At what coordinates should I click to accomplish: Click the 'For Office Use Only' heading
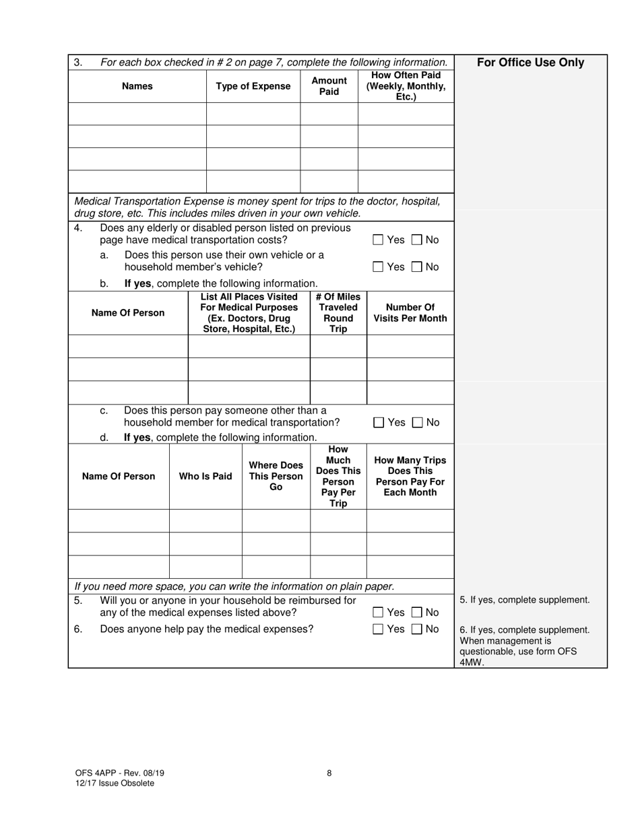click(x=530, y=63)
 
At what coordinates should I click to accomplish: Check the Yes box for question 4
click(x=378, y=240)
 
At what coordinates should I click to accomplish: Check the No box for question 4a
click(x=417, y=267)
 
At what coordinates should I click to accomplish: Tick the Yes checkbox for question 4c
click(x=379, y=423)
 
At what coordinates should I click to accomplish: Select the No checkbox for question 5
click(x=417, y=613)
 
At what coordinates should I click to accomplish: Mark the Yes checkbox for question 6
click(x=378, y=629)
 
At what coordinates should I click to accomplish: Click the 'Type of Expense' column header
click(x=253, y=86)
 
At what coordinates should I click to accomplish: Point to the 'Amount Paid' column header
click(x=329, y=86)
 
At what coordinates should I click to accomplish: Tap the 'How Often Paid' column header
click(x=406, y=86)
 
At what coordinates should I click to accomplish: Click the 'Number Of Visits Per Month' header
click(x=410, y=313)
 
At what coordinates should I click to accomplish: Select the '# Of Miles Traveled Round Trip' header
click(x=338, y=313)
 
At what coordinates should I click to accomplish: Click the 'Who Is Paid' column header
click(x=205, y=477)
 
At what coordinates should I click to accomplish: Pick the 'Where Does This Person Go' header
click(x=276, y=477)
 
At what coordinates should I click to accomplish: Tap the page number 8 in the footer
click(x=329, y=773)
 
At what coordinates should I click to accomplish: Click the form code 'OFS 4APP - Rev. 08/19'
click(x=119, y=773)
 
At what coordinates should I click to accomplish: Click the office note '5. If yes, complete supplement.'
click(x=524, y=600)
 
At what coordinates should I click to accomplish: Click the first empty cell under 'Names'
click(x=137, y=114)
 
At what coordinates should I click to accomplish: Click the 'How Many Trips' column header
click(x=410, y=477)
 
